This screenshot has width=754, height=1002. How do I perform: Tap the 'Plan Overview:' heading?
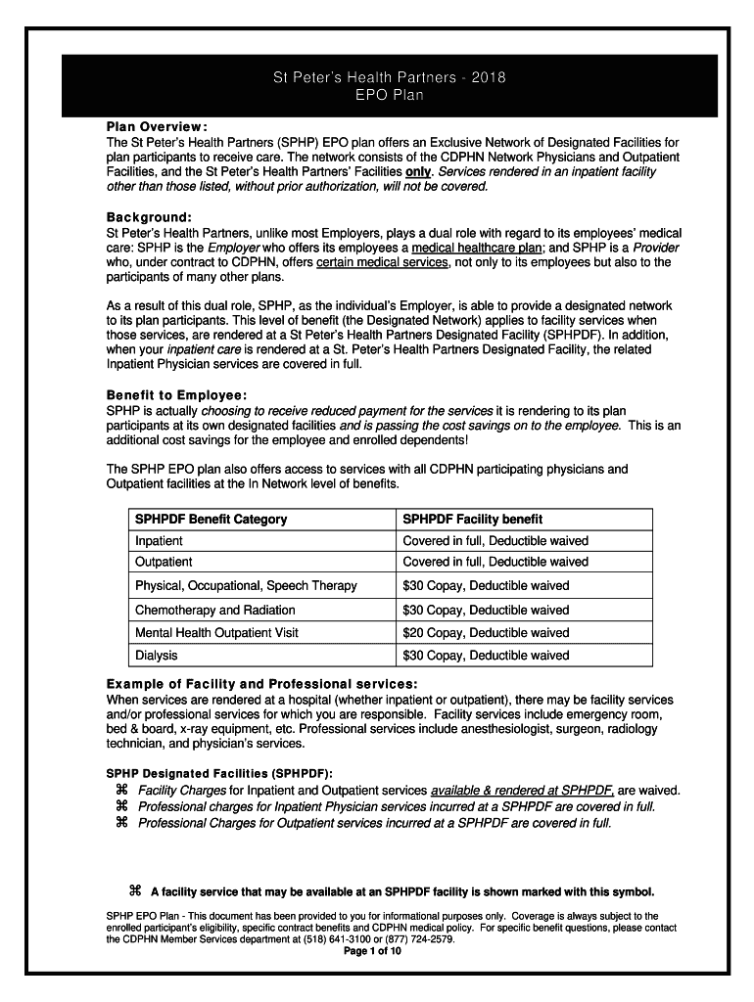[157, 127]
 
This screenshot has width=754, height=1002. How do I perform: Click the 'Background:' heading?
[149, 217]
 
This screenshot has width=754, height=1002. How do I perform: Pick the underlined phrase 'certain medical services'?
[383, 262]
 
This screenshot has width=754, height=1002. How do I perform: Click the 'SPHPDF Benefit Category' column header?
[211, 519]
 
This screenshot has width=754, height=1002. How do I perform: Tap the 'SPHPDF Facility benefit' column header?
[472, 519]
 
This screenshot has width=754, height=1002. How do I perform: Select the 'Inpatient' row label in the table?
[159, 541]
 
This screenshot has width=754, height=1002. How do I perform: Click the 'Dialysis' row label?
[157, 656]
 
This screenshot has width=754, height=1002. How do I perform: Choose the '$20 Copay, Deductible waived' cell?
[486, 633]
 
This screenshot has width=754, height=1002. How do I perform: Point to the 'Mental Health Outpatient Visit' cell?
[216, 633]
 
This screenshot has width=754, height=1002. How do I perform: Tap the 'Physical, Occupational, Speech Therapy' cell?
[246, 586]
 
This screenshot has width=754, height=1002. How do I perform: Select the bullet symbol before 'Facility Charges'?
[122, 790]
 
